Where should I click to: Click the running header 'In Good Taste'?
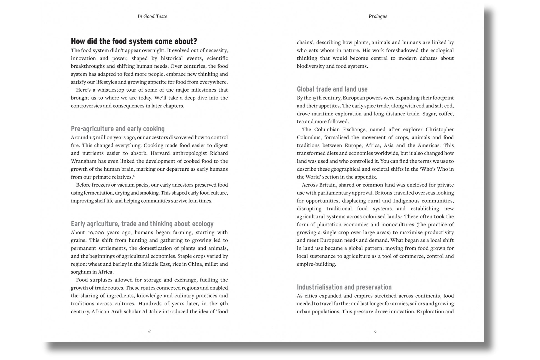point(152,16)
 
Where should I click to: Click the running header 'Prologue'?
point(378,16)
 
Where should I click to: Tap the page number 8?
point(149,331)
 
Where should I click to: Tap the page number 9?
point(375,331)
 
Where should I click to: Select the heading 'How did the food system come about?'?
point(134,41)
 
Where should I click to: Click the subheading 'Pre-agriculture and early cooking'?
point(118,129)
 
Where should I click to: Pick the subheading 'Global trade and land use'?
point(332,89)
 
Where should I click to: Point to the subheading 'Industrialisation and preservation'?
point(344,287)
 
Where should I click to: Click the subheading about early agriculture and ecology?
point(142,224)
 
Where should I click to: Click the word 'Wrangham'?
point(82,161)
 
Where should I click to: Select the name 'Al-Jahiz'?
point(152,311)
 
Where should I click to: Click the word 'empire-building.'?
point(316,264)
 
